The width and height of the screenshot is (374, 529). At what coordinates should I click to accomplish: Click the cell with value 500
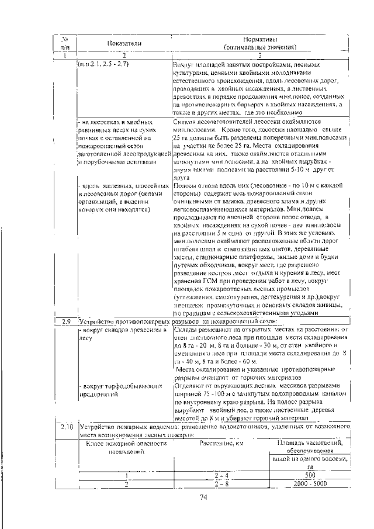tap(310, 475)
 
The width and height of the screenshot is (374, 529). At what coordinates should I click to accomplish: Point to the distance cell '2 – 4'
tap(221, 475)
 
